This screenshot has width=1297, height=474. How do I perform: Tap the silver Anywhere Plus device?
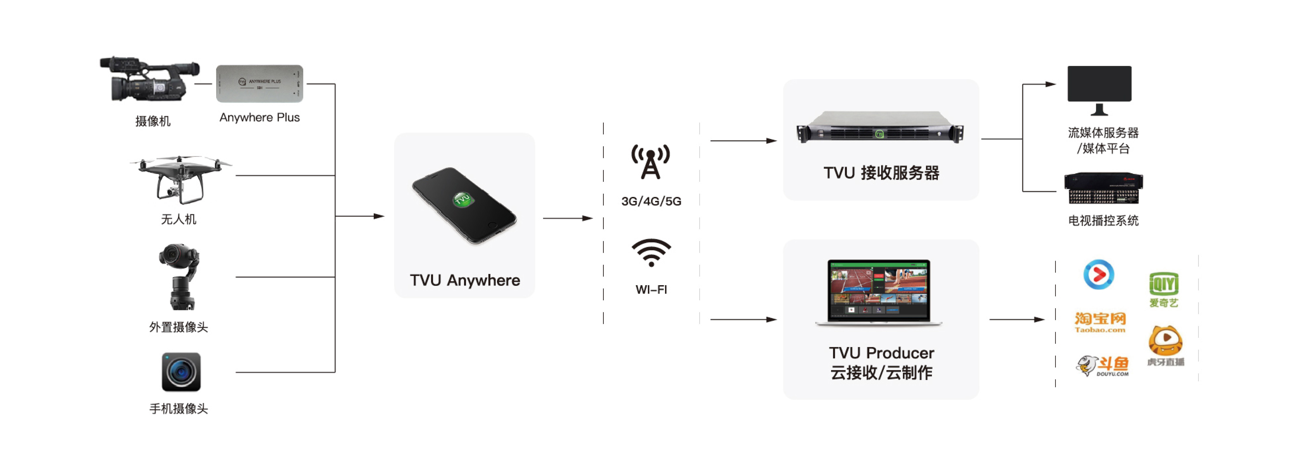(259, 84)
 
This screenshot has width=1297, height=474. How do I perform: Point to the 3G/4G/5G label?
(651, 201)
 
